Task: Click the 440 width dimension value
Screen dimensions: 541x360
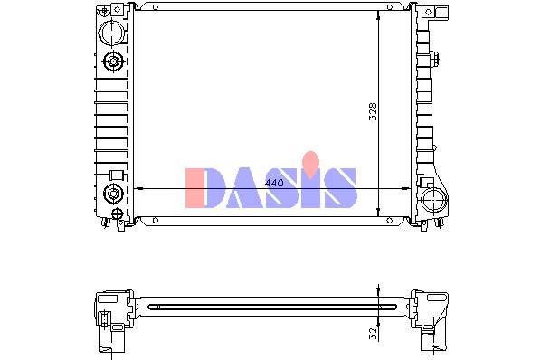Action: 274,183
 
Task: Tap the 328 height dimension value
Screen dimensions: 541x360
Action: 374,112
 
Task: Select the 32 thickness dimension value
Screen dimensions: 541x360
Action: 374,334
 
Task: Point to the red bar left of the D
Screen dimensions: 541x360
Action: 195,188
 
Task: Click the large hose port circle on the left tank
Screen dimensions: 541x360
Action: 112,33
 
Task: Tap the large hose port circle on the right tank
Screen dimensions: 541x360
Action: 434,201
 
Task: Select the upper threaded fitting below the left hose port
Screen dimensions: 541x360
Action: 113,62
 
